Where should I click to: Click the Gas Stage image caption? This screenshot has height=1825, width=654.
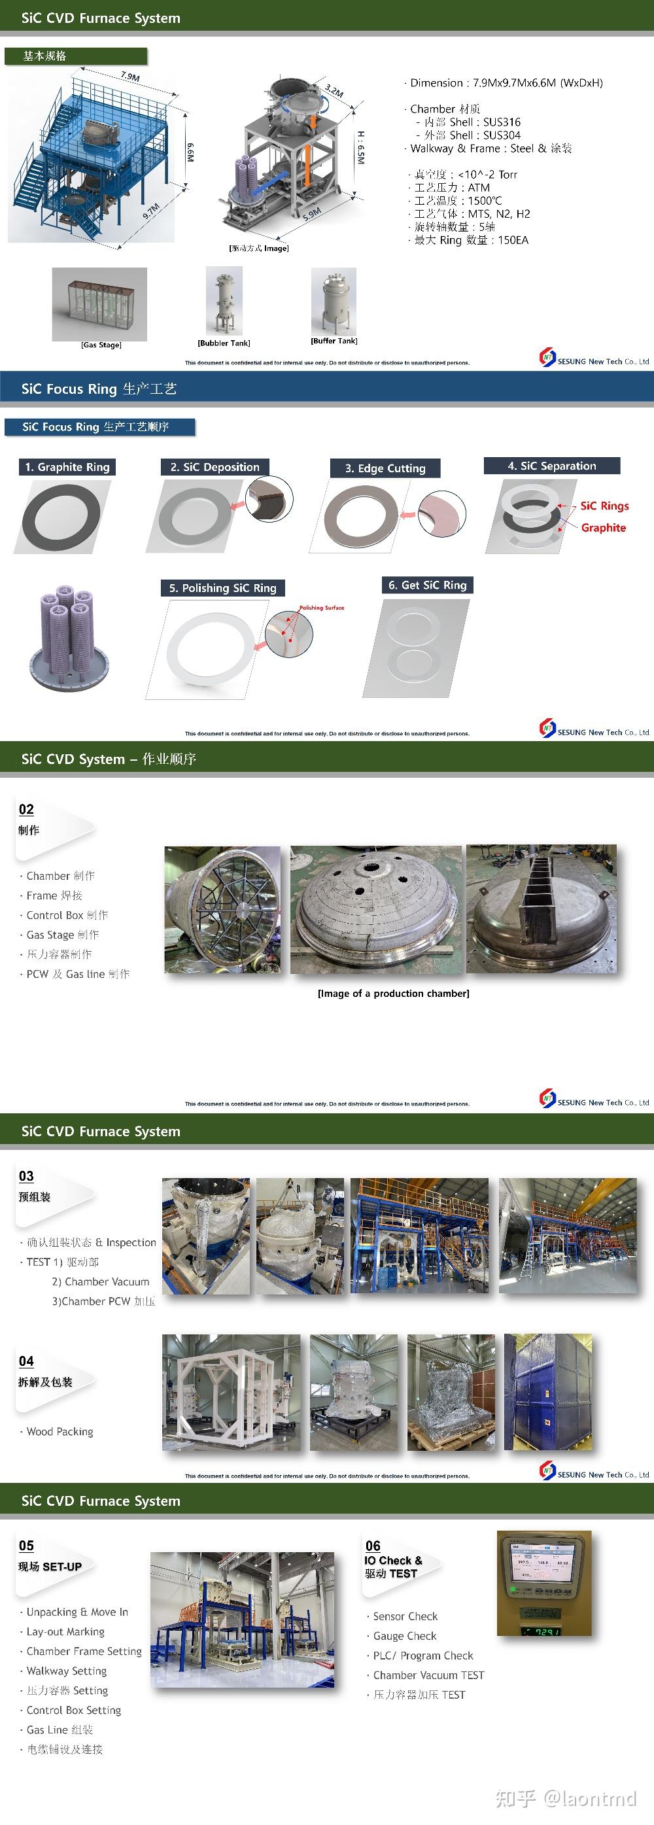click(x=101, y=345)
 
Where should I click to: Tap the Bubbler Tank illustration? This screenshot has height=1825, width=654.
click(x=224, y=301)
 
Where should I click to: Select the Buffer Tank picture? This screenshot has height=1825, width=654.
click(x=334, y=301)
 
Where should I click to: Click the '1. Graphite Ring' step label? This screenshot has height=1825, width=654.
click(x=67, y=467)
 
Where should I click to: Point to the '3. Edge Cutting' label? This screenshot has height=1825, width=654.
click(x=385, y=468)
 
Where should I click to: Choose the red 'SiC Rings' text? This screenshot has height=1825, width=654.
click(x=604, y=506)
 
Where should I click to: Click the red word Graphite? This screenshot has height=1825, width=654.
click(x=603, y=528)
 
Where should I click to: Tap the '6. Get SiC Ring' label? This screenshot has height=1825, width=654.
click(x=427, y=585)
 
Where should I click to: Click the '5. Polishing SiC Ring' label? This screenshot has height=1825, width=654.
click(x=222, y=588)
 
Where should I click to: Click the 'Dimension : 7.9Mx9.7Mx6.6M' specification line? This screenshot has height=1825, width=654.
click(x=506, y=83)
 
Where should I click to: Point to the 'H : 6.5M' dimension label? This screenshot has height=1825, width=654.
click(x=360, y=147)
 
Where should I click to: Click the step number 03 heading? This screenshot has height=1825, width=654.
click(x=26, y=1176)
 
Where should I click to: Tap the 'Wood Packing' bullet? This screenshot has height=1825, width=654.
click(x=60, y=1431)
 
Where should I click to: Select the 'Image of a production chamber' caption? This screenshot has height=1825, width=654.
click(x=393, y=993)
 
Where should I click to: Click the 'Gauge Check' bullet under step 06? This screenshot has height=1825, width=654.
click(x=405, y=1636)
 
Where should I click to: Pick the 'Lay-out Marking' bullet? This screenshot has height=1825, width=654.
click(x=65, y=1631)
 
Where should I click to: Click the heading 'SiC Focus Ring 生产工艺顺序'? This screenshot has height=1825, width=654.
click(x=95, y=427)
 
